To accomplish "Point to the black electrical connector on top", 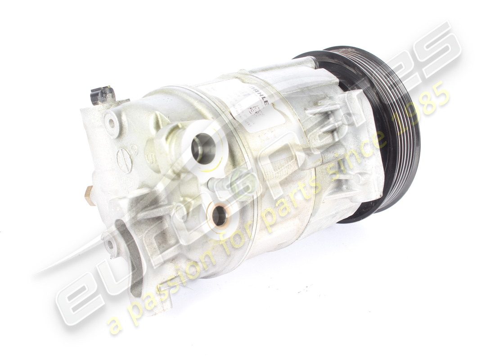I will coord(102,95).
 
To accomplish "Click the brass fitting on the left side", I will coord(90,195).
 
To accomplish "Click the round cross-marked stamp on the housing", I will coord(124,160).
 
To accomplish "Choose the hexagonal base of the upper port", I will coord(169,144).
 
